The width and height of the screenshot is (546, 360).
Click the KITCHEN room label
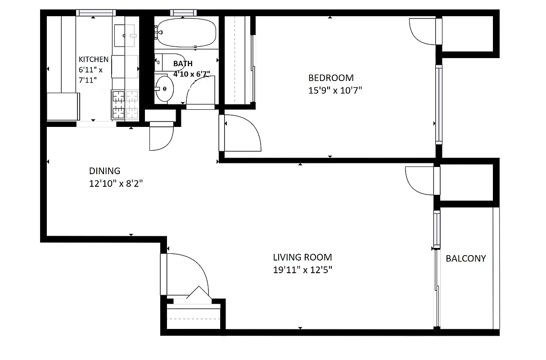94,59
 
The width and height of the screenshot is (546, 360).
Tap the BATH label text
183,64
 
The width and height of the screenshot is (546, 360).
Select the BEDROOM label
331,78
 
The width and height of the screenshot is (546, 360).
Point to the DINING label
104,171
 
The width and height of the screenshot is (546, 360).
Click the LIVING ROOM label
302,257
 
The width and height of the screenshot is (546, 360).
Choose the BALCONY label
466,258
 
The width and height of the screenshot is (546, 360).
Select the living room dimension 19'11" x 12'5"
302,270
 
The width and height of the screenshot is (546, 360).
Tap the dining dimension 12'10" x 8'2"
116,184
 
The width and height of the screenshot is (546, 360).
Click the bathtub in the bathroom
187,33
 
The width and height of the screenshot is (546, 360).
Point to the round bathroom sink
164,89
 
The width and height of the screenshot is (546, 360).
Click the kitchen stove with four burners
125,104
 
